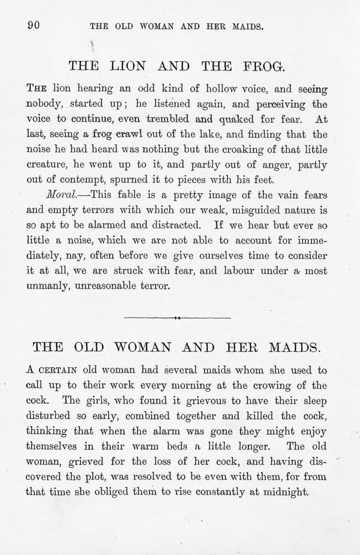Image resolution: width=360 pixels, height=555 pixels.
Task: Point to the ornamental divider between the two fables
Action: [178, 318]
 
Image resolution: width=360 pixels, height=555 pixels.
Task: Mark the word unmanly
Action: [48, 286]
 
